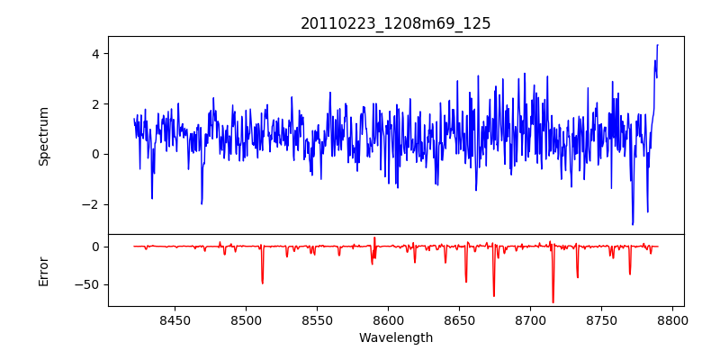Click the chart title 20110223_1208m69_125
point(396,23)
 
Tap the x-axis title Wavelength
point(396,337)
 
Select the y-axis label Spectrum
point(43,136)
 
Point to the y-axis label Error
point(43,271)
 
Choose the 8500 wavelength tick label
point(246,319)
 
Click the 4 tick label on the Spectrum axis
point(94,53)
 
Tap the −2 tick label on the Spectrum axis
point(90,204)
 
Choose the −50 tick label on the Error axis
point(87,284)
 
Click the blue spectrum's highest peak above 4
point(657,45)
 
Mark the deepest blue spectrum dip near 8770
point(633,224)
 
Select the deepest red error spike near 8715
point(553,302)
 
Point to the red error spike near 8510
point(262,283)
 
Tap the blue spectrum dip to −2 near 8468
point(202,203)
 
